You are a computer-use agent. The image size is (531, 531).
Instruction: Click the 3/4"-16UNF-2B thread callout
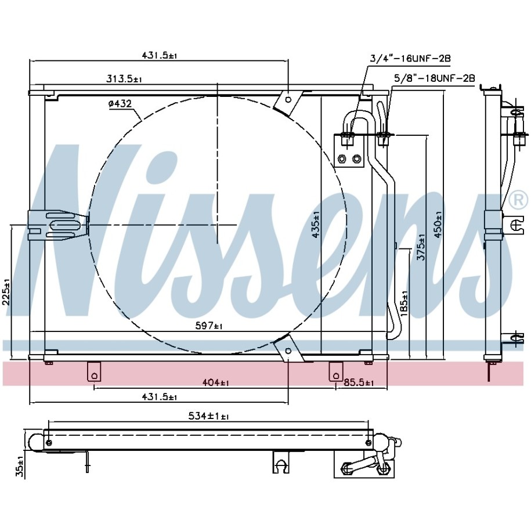[x=410, y=59]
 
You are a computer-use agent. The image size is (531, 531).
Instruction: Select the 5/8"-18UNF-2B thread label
[x=435, y=78]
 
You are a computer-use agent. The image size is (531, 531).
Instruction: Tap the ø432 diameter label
[x=120, y=104]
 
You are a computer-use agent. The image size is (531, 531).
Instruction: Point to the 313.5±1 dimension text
[x=124, y=80]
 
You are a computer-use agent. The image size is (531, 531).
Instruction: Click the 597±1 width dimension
[x=209, y=326]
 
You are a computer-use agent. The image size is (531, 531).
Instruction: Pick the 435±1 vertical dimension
[x=316, y=224]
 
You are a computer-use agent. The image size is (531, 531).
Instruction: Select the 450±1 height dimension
[x=438, y=224]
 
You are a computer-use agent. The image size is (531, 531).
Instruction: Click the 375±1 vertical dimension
[x=421, y=247]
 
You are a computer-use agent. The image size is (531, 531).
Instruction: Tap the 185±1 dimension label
[x=404, y=304]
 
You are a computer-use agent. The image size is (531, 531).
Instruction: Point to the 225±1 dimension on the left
[x=6, y=292]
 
